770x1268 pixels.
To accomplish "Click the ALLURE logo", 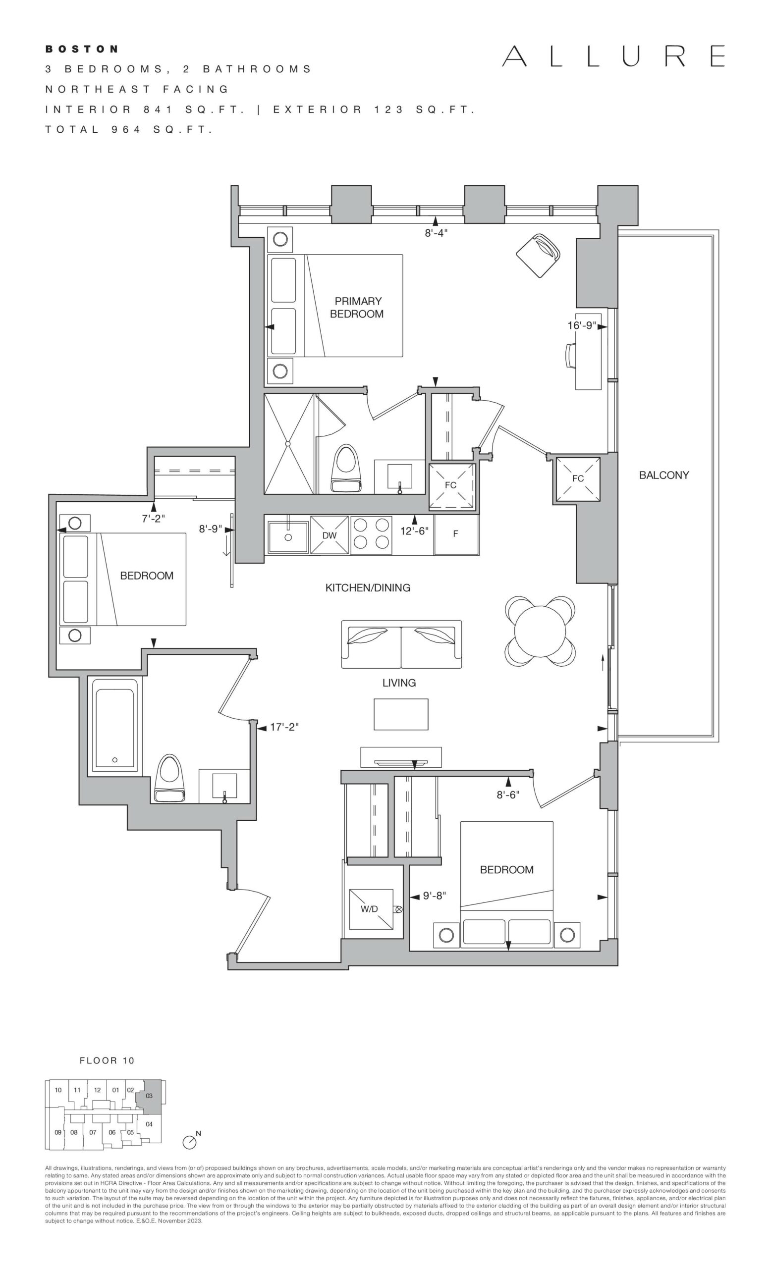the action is point(613,56).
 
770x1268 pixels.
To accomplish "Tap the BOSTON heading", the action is point(82,49).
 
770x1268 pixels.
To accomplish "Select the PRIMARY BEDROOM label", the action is point(358,307).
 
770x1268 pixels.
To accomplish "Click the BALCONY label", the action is point(664,475).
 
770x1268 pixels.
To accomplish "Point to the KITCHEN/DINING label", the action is point(368,587).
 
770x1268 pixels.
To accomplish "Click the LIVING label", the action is point(399,683).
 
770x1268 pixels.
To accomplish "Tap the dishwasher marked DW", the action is point(330,534).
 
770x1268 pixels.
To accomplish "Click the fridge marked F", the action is point(456,534).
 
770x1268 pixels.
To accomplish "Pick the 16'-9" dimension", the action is point(582,325).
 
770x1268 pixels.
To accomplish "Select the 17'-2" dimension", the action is point(284,727).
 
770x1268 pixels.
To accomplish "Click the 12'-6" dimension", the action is point(414,530).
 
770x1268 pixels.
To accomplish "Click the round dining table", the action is point(540,631).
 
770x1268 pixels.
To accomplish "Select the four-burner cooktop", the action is point(371,534).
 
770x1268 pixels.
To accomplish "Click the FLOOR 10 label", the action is point(107,1060).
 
